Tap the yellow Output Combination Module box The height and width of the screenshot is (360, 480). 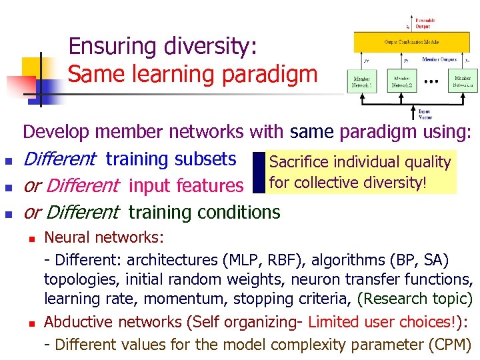[411, 42]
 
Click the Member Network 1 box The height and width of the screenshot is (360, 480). [361, 82]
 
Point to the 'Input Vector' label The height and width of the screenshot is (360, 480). [424, 114]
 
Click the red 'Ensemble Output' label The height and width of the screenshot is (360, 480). [425, 23]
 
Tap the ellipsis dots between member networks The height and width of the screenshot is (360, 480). [432, 83]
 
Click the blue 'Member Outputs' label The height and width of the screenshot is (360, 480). [439, 59]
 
